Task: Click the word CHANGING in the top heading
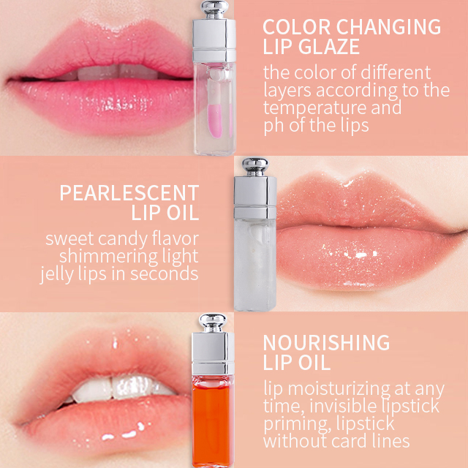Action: [388, 27]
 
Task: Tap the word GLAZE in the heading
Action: [329, 47]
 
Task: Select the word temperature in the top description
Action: [314, 108]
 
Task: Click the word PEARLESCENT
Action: [129, 193]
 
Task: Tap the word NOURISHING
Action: [326, 343]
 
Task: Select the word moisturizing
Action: [339, 389]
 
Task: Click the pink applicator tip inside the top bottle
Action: [215, 120]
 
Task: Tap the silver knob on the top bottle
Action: [214, 8]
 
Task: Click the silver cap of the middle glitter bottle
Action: [255, 197]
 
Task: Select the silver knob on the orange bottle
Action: [213, 322]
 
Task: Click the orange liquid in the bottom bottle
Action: [212, 421]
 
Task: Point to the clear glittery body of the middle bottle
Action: [255, 265]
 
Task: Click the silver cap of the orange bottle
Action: [213, 354]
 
